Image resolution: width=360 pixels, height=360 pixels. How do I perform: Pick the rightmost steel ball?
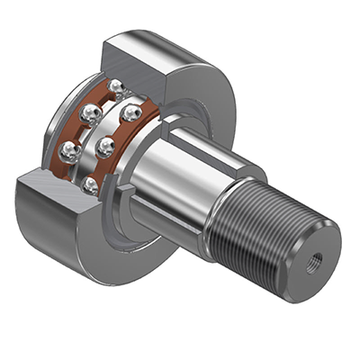tap(131, 114)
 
